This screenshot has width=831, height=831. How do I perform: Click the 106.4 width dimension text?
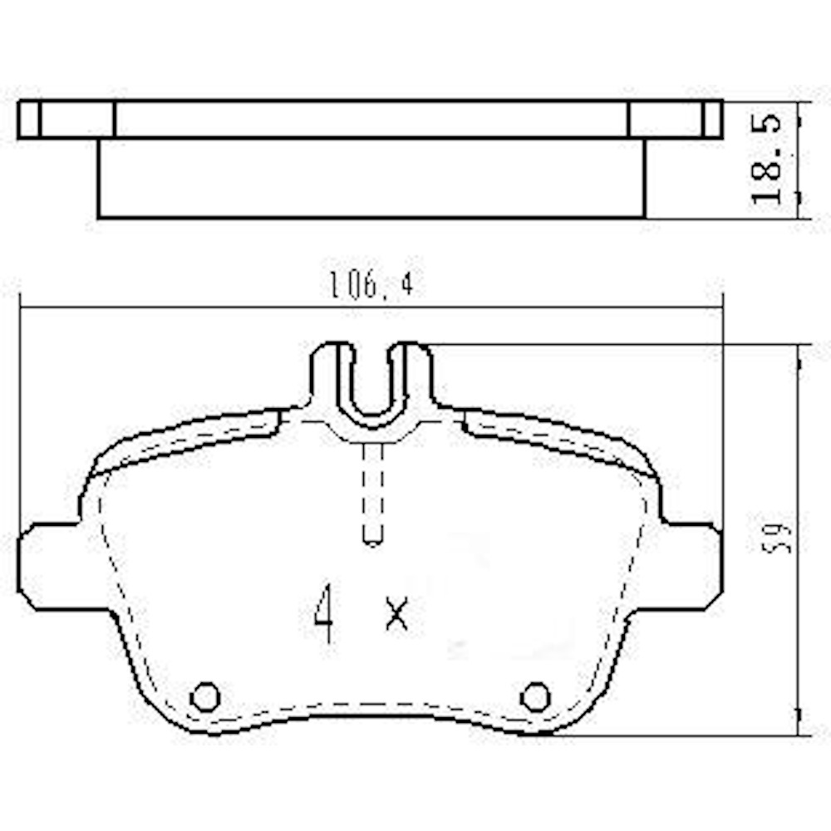370,286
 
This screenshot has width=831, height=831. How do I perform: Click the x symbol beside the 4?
397,613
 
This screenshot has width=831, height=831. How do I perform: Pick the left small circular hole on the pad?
204,696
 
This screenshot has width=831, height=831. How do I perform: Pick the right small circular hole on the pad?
535,696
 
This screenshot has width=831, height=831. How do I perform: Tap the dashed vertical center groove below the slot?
372,494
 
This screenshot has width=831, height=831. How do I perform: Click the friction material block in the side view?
371,178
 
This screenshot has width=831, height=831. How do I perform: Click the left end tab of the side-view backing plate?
29,120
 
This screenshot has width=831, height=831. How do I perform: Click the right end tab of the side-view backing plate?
712,120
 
